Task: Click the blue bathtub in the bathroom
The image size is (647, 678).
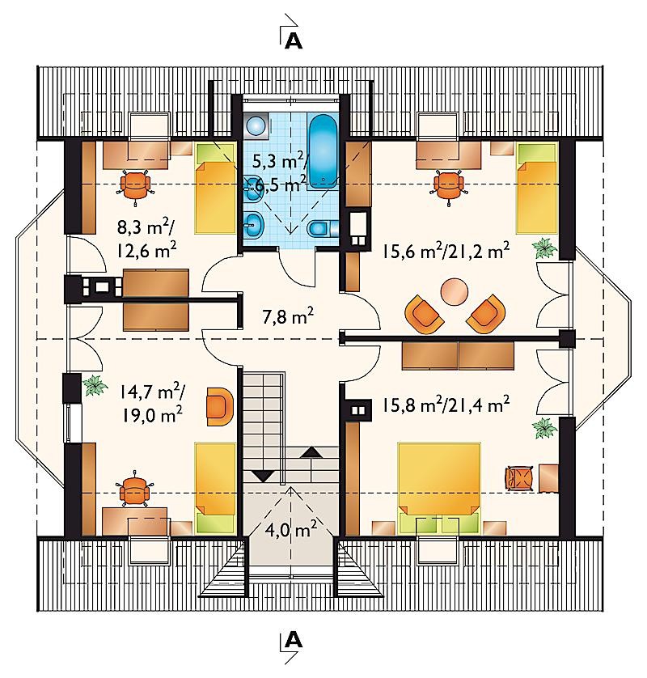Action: (x=323, y=152)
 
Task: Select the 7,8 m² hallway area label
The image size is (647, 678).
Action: (x=288, y=316)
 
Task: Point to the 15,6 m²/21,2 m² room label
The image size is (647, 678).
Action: (x=445, y=250)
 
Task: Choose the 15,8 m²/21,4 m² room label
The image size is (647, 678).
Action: (x=446, y=405)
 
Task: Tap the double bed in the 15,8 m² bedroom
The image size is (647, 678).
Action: (x=439, y=487)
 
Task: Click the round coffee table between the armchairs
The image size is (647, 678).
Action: (x=455, y=291)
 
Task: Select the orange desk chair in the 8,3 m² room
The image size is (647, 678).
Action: (x=136, y=185)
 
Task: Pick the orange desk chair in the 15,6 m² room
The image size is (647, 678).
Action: (x=448, y=185)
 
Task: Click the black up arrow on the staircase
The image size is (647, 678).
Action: (x=311, y=453)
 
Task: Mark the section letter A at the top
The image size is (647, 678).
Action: (x=294, y=40)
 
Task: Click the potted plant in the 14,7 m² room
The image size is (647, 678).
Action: (x=95, y=384)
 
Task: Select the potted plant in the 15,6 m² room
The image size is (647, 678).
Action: (x=543, y=248)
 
